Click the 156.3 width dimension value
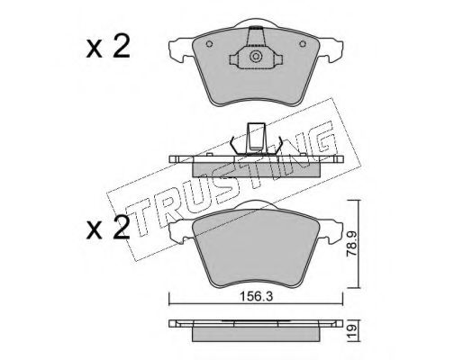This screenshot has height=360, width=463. (257, 297)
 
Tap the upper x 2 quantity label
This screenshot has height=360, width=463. (108, 47)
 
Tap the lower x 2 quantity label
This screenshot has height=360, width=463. (108, 229)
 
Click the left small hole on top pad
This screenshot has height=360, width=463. (209, 44)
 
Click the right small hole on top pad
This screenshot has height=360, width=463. (303, 44)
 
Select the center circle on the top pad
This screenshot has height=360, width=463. (256, 57)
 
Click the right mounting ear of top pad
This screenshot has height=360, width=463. (331, 50)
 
